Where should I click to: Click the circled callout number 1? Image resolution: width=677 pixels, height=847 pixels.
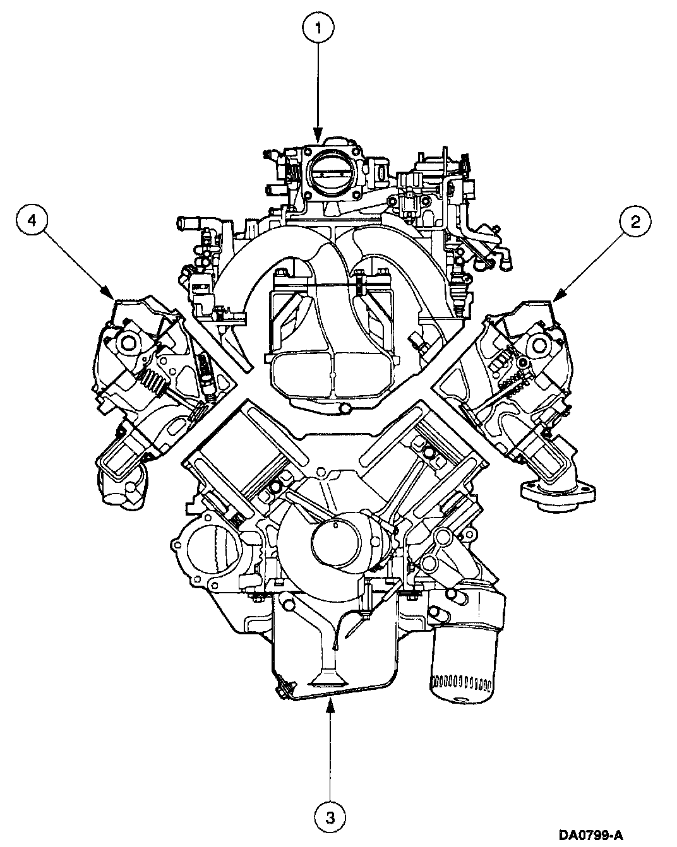point(318,28)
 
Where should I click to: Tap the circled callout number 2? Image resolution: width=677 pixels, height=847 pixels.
point(635,222)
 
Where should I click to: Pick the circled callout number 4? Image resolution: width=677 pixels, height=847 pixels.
point(32,220)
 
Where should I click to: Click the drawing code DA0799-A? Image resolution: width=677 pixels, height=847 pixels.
point(591,833)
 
